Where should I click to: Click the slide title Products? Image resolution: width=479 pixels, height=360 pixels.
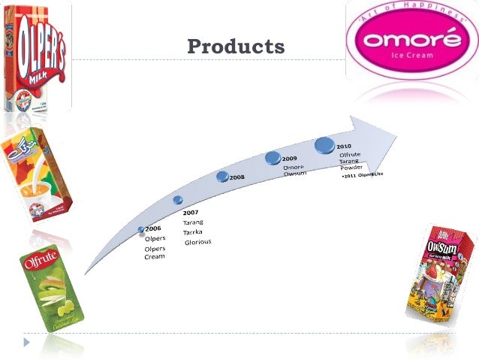pyautogui.click(x=236, y=47)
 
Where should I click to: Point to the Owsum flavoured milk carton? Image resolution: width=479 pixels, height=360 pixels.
pyautogui.click(x=441, y=268)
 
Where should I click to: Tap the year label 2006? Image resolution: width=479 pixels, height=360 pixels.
pyautogui.click(x=153, y=228)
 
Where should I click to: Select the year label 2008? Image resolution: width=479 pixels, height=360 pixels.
pyautogui.click(x=237, y=177)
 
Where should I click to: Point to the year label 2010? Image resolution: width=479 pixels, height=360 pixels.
pyautogui.click(x=344, y=146)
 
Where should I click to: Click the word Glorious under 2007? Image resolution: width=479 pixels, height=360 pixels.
pyautogui.click(x=198, y=242)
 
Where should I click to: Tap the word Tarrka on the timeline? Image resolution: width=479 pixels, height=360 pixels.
pyautogui.click(x=194, y=232)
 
